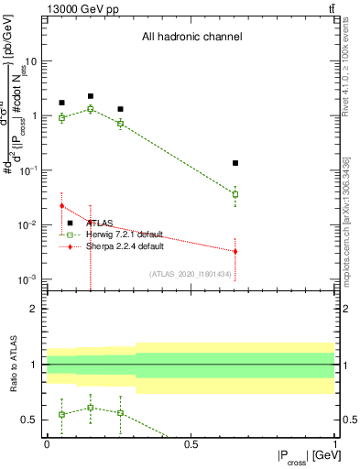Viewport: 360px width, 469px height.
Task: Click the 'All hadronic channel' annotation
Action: tap(191, 38)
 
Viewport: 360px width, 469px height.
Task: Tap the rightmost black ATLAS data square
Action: tap(235, 163)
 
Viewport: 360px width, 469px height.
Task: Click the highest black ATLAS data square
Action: tap(91, 96)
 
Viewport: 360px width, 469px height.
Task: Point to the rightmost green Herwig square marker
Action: tap(235, 194)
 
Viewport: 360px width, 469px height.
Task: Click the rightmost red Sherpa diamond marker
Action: tap(235, 251)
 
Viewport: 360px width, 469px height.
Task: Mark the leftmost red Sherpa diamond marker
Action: tap(61, 206)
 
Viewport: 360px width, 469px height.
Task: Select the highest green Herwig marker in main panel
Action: tap(91, 109)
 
